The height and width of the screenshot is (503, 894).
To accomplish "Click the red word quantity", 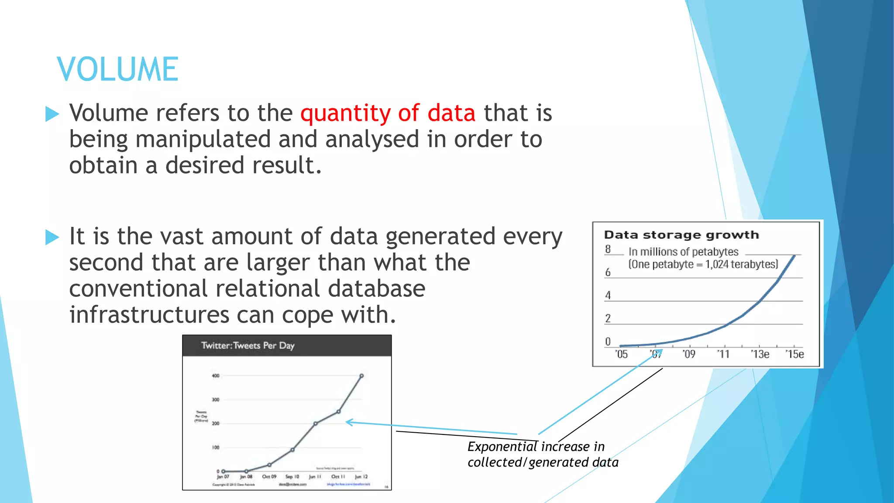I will coord(345,114).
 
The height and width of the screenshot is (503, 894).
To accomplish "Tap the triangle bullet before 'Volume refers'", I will coord(52,114).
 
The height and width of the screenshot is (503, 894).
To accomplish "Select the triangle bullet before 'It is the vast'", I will coord(52,237).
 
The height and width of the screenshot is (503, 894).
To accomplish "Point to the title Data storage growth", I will coord(681,235).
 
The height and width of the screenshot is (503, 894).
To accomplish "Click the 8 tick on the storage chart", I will coord(608,249).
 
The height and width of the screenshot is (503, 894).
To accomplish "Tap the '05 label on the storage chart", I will coord(621,354).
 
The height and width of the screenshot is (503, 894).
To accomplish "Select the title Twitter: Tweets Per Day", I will coord(248,345).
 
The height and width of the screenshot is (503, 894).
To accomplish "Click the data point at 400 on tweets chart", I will coord(361,376).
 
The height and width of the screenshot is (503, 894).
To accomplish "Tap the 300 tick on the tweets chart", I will coord(216,400).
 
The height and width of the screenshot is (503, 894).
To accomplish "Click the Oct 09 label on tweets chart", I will coord(269,477).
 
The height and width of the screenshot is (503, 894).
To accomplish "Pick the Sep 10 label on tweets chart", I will coord(292,477).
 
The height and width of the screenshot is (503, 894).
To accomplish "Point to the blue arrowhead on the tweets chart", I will coord(348,422).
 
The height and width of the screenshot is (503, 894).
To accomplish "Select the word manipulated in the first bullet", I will coord(203,140).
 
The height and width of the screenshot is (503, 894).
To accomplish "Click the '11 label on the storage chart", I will coord(723,354).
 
